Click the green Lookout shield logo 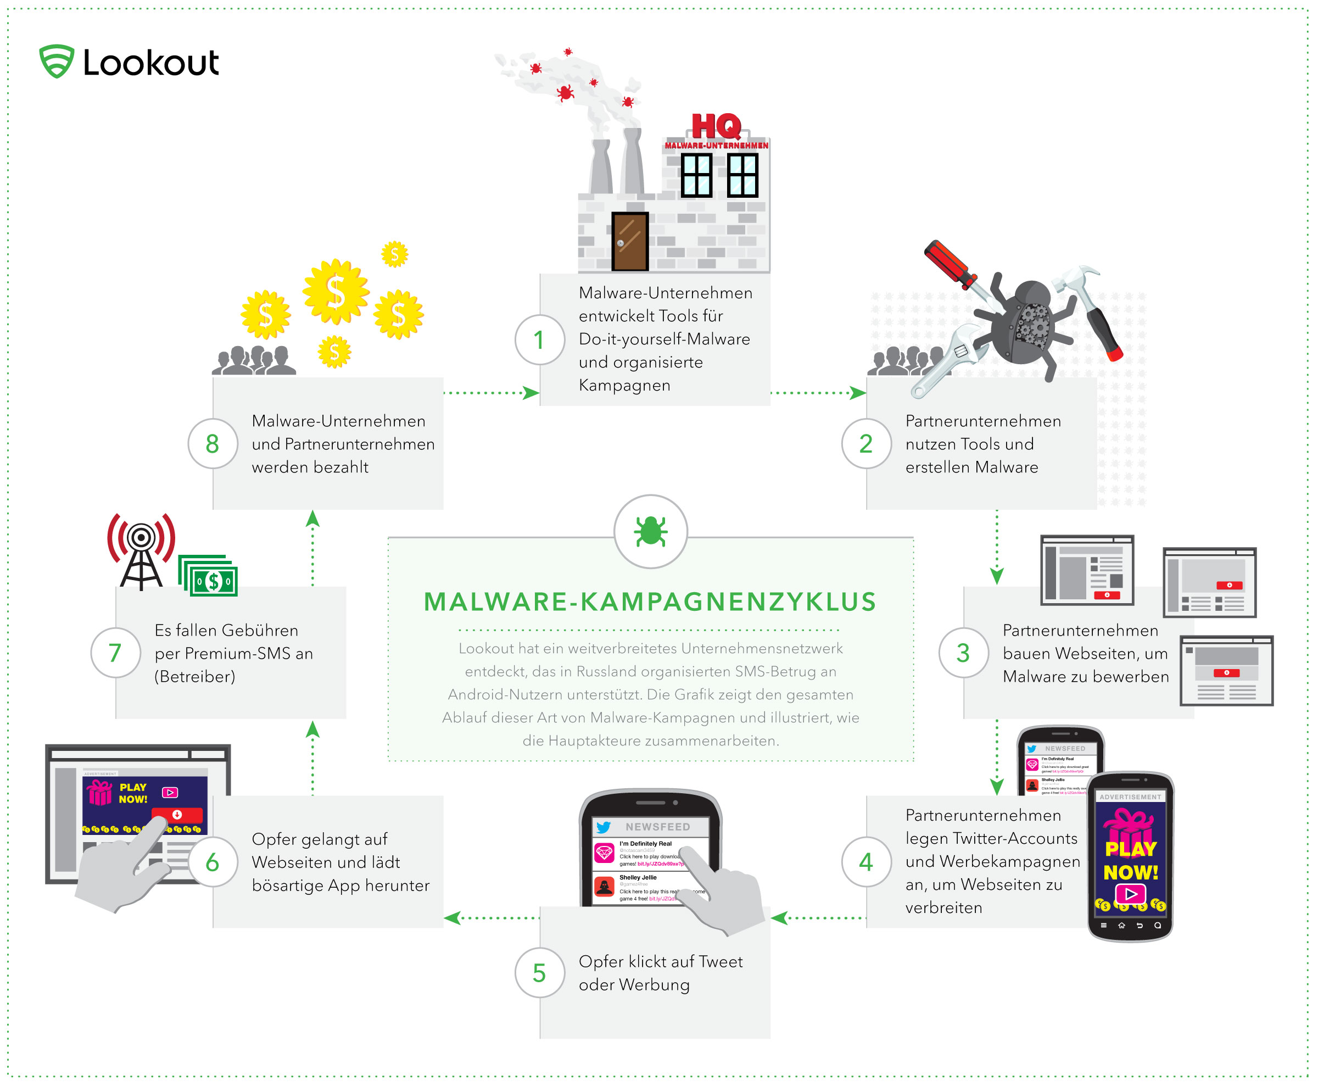click(x=57, y=62)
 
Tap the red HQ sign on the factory click(x=717, y=127)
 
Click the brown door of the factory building click(x=629, y=241)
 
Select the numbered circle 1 click(x=539, y=341)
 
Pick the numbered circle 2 click(x=866, y=443)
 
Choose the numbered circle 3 click(x=963, y=653)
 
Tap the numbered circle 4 click(x=866, y=862)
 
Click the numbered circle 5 click(x=539, y=973)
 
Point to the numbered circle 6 click(x=213, y=862)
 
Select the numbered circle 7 click(x=115, y=653)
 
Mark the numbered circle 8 click(x=213, y=443)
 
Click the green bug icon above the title click(x=650, y=531)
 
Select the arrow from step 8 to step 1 click(x=492, y=393)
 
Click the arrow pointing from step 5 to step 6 click(x=492, y=918)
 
